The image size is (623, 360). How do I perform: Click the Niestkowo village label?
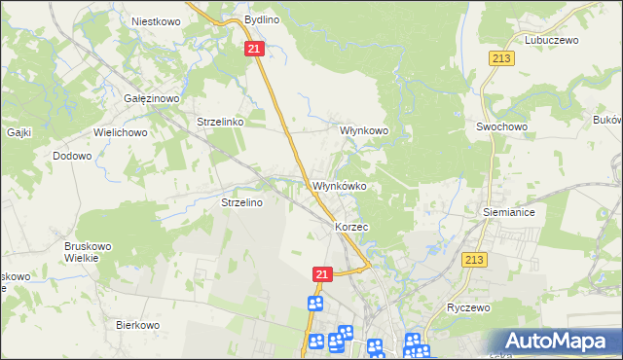click(x=157, y=19)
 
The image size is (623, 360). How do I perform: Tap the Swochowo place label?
click(x=500, y=126)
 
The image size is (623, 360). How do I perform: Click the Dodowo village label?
click(x=72, y=156)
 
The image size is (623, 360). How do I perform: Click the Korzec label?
click(x=350, y=226)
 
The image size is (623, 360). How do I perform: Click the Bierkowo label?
click(x=137, y=325)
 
